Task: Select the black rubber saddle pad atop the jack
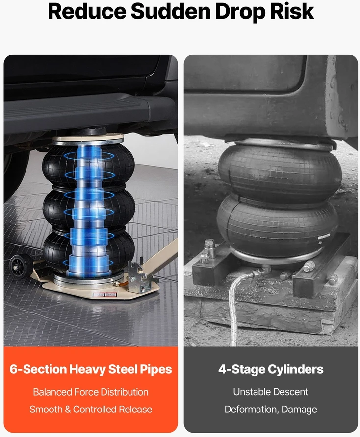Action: coord(89,131)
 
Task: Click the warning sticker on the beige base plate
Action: coord(104,294)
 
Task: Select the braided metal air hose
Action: coord(237,306)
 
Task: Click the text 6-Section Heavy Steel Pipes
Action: coord(91,369)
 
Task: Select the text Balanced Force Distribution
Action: coord(91,392)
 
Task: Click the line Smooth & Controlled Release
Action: coord(91,410)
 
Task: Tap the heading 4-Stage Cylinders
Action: coord(271,369)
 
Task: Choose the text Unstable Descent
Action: coord(271,392)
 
